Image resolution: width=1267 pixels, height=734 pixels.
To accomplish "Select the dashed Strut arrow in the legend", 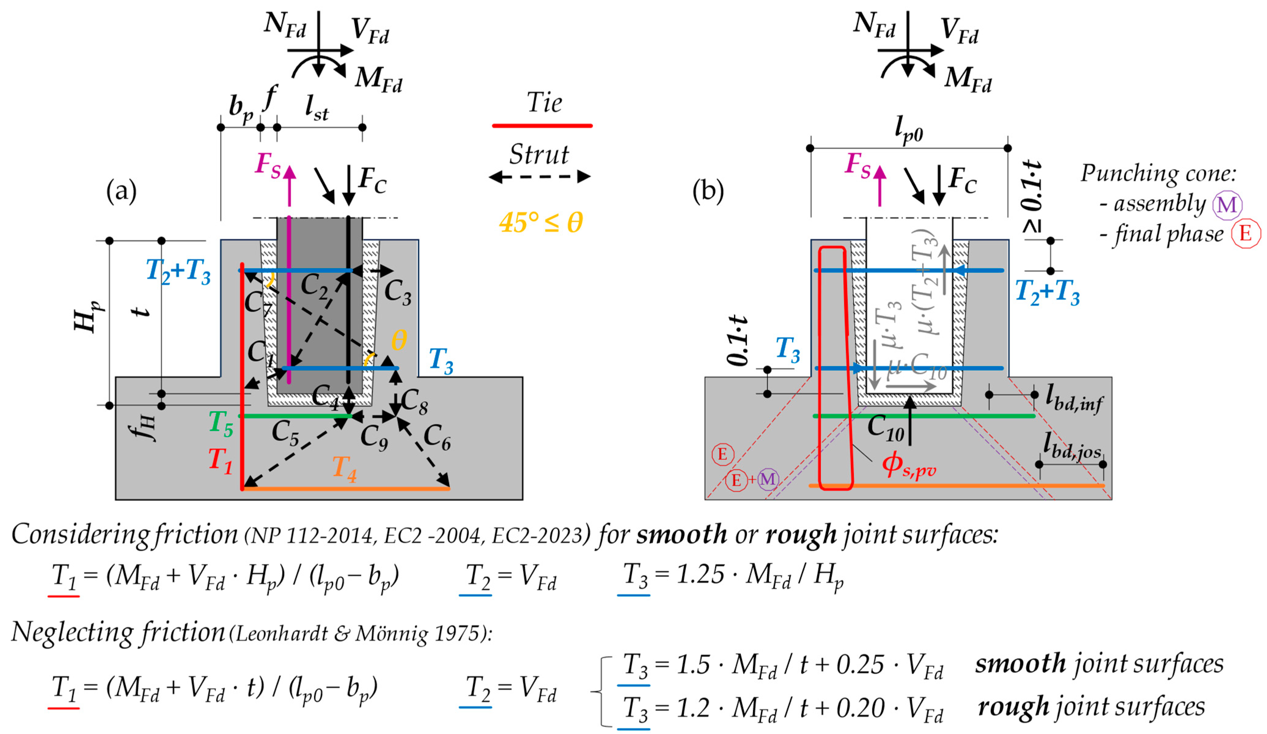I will [x=539, y=177].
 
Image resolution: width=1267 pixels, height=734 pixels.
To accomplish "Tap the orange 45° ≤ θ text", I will [x=541, y=222].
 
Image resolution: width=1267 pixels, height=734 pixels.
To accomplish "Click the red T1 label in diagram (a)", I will [x=220, y=460].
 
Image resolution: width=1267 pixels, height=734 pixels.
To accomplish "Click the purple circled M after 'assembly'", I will [x=1226, y=205].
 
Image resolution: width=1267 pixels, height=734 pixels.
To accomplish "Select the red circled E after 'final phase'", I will [x=1245, y=234].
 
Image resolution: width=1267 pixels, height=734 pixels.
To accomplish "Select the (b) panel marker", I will [x=708, y=191].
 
